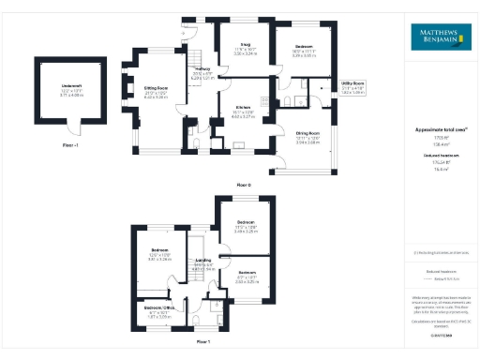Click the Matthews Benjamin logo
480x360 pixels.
point(439,38)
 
